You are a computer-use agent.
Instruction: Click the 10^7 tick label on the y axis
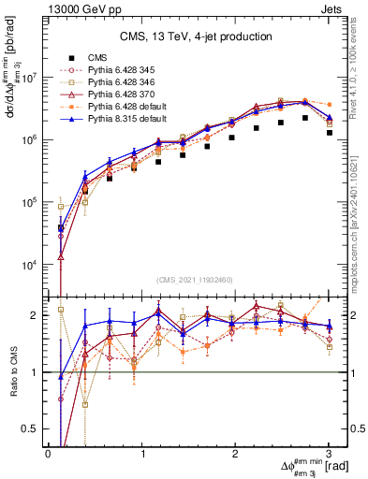coord(27,78)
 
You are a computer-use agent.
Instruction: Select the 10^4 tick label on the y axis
coord(27,265)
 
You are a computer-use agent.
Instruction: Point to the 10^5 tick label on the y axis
coord(27,202)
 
